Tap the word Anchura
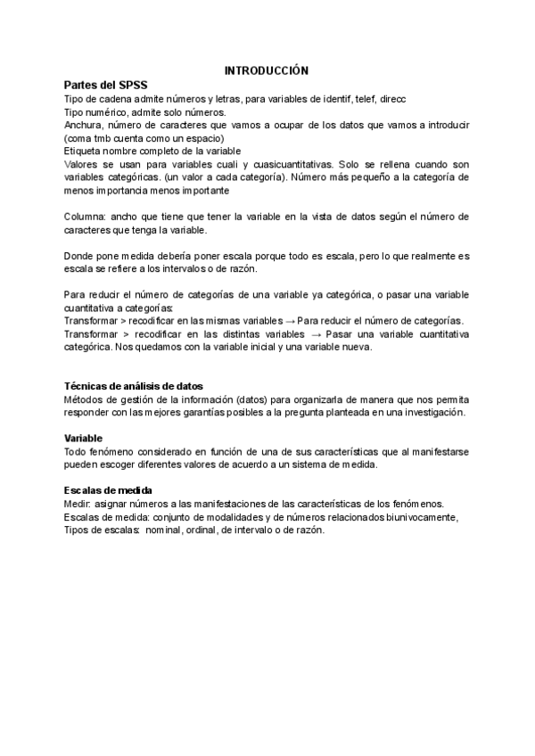tap(85, 126)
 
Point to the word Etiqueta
tap(86, 152)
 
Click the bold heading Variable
tap(84, 439)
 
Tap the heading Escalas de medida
tap(108, 490)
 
